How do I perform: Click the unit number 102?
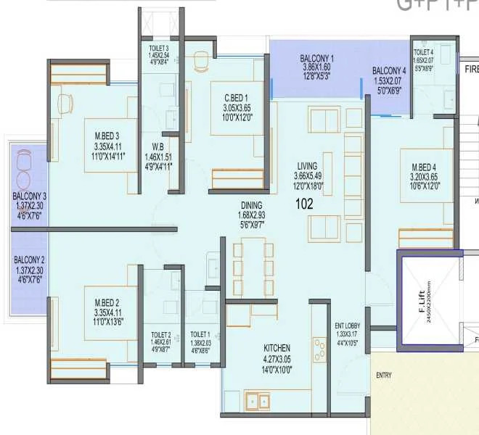304,204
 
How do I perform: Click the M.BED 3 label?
106,135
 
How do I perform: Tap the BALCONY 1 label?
316,58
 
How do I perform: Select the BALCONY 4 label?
389,70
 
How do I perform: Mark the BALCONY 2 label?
29,260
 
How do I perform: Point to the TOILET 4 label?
423,52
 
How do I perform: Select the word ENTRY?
384,376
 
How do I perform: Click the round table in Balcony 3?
24,180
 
